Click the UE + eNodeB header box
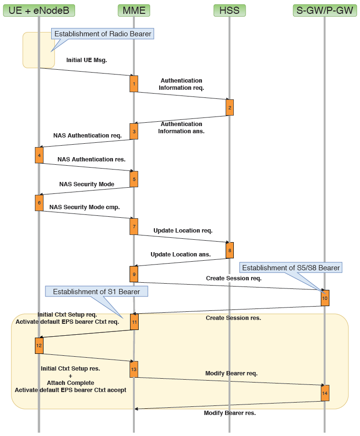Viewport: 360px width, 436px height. click(39, 10)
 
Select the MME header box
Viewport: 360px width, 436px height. click(134, 10)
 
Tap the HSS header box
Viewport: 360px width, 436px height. click(229, 10)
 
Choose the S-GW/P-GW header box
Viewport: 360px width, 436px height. click(325, 10)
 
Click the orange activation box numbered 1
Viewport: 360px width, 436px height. click(134, 84)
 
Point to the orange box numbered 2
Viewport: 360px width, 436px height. click(229, 107)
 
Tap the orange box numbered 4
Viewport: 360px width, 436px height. click(39, 155)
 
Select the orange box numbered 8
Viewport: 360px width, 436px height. click(229, 250)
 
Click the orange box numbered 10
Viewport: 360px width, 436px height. click(325, 298)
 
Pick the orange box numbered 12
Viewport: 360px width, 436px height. click(39, 345)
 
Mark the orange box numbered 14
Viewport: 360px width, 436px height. click(325, 393)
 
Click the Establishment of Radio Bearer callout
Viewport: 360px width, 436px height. click(103, 34)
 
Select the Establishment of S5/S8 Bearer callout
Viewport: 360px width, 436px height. click(291, 268)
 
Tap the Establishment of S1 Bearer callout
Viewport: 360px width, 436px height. click(96, 292)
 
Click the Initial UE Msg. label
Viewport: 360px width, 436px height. click(87, 61)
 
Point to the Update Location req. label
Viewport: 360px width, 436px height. click(183, 231)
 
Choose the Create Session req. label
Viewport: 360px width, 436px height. click(234, 278)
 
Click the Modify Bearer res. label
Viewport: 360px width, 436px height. click(229, 413)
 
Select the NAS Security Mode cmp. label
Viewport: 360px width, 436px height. click(84, 208)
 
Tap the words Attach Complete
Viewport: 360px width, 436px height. click(70, 383)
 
